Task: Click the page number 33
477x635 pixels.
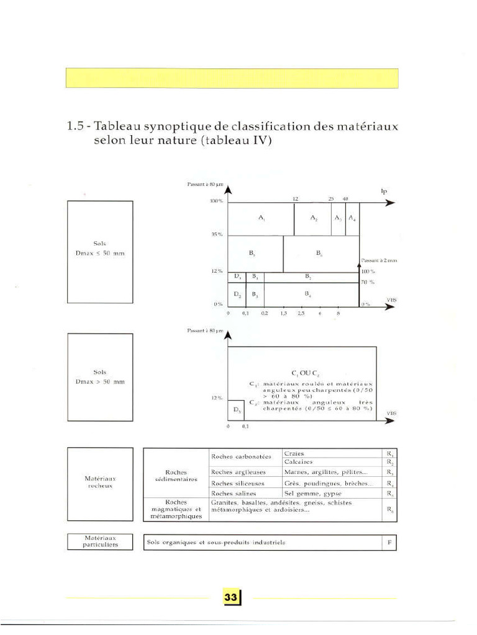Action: pyautogui.click(x=231, y=597)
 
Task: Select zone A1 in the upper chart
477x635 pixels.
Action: pyautogui.click(x=261, y=219)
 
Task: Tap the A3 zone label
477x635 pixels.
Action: pyautogui.click(x=337, y=219)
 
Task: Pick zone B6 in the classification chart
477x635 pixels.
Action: pyautogui.click(x=319, y=253)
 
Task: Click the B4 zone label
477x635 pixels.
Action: pyautogui.click(x=308, y=295)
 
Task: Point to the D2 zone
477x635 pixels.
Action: pyautogui.click(x=237, y=295)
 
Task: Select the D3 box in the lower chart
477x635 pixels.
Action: pyautogui.click(x=236, y=411)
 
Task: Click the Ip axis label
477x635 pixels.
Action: pyautogui.click(x=384, y=192)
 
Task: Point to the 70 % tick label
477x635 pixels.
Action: pyautogui.click(x=368, y=282)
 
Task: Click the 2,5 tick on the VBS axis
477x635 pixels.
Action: pyautogui.click(x=301, y=314)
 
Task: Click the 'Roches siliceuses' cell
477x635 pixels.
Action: pyautogui.click(x=238, y=483)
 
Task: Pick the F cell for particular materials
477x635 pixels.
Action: pyautogui.click(x=389, y=543)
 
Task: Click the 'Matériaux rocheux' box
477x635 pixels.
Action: pyautogui.click(x=100, y=482)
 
